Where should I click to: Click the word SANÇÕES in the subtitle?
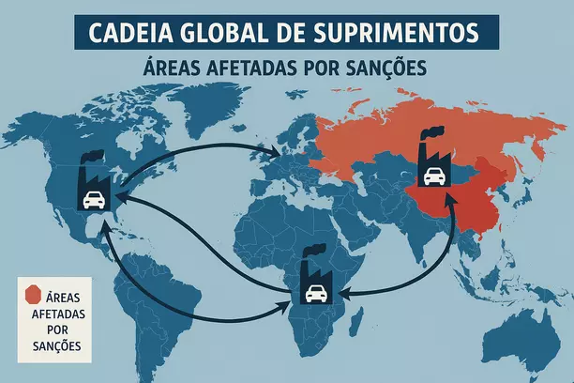coord(383,69)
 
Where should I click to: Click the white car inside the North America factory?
coord(94,198)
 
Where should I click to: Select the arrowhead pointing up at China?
coord(451,199)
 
